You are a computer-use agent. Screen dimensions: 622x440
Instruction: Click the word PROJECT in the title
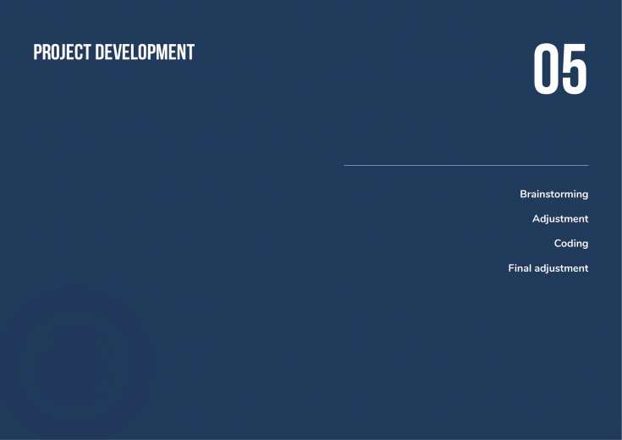click(x=62, y=52)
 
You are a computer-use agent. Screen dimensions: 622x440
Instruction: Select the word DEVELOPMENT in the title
click(x=145, y=52)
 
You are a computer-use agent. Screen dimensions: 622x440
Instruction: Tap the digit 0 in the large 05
click(x=546, y=69)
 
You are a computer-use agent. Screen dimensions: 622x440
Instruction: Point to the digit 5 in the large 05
click(x=574, y=69)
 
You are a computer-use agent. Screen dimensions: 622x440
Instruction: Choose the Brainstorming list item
click(x=554, y=195)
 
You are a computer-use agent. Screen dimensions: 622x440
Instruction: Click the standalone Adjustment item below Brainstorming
click(x=560, y=219)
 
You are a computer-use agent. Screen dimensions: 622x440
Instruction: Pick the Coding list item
click(x=571, y=244)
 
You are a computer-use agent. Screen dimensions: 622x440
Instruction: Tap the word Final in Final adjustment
click(x=520, y=268)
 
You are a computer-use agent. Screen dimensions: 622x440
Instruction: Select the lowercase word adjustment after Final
click(x=561, y=268)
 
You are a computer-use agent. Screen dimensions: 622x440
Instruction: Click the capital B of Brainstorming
click(x=524, y=194)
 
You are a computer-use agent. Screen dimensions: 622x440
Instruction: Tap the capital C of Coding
click(x=559, y=243)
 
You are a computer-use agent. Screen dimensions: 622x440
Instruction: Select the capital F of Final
click(x=511, y=268)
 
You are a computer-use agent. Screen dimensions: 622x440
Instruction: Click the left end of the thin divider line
click(x=344, y=165)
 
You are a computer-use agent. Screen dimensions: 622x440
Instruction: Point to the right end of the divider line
click(x=588, y=165)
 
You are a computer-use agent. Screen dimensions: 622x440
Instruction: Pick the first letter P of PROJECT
click(x=37, y=52)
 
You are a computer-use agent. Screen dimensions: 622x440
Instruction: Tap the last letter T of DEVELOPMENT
click(x=190, y=52)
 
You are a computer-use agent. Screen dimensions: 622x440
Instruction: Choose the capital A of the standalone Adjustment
click(x=537, y=218)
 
